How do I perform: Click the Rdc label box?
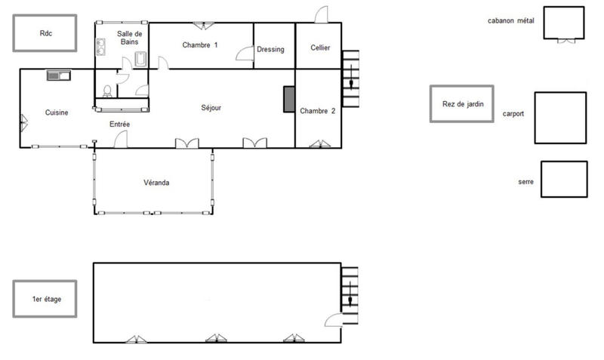(x=45, y=33)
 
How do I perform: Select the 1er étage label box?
(x=46, y=300)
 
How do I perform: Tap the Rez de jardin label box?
(x=461, y=103)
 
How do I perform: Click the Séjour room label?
(x=211, y=108)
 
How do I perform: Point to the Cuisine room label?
(x=57, y=112)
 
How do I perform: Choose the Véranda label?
(x=156, y=183)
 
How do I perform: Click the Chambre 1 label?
(x=200, y=45)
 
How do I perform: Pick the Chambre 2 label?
(x=317, y=111)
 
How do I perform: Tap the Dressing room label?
(x=270, y=50)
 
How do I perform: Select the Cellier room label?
(x=320, y=48)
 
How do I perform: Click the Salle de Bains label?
(x=131, y=38)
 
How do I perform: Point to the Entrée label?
(x=120, y=125)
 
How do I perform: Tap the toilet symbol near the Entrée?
(x=108, y=91)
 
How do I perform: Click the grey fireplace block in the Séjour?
(x=288, y=100)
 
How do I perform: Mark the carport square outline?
(x=560, y=118)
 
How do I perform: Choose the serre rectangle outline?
(x=564, y=180)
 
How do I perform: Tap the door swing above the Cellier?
(x=322, y=14)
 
